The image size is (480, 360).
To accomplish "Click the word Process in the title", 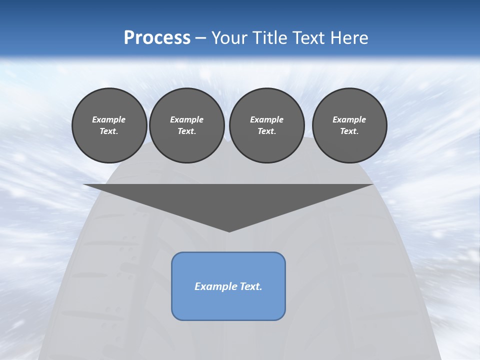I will click(157, 38).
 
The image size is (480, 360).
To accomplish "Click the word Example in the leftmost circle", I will click(109, 119).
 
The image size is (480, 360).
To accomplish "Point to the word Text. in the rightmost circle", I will click(349, 131).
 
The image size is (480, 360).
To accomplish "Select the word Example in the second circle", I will click(186, 119).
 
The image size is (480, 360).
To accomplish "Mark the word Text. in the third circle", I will click(266, 131).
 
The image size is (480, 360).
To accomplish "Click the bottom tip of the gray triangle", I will click(229, 230).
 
